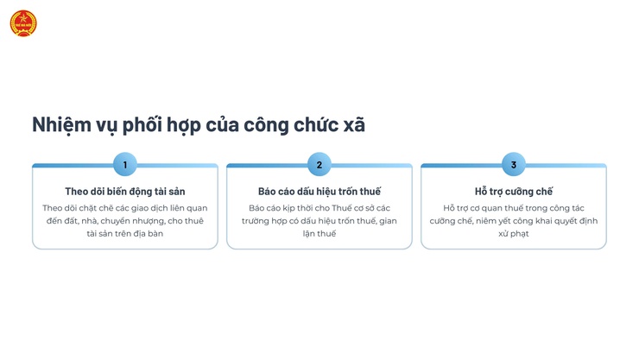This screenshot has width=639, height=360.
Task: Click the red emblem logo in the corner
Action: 23,23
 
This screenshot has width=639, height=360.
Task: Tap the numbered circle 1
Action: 125,164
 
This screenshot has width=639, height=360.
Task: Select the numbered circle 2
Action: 319,164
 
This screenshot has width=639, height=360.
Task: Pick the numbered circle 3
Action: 514,164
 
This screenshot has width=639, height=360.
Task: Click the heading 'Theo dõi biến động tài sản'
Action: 125,191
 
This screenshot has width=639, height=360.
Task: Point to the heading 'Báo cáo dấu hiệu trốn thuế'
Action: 319,191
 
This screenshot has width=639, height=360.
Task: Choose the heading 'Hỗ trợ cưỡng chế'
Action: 514,191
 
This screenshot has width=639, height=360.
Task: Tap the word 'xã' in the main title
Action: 353,124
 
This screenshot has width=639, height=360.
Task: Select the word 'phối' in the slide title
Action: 150,124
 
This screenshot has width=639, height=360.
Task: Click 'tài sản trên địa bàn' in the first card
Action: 125,233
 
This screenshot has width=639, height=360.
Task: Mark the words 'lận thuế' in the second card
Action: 319,233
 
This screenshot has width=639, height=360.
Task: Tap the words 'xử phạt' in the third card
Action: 514,233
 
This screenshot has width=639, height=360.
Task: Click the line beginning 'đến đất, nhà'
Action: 125,220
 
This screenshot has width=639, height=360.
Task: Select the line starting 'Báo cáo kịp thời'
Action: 319,207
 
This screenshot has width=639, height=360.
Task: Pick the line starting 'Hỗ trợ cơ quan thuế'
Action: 514,207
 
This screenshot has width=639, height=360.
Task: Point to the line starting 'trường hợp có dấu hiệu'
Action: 319,220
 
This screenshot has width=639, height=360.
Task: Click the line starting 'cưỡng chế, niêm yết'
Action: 514,220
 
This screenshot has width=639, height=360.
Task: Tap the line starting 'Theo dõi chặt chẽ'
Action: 125,207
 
